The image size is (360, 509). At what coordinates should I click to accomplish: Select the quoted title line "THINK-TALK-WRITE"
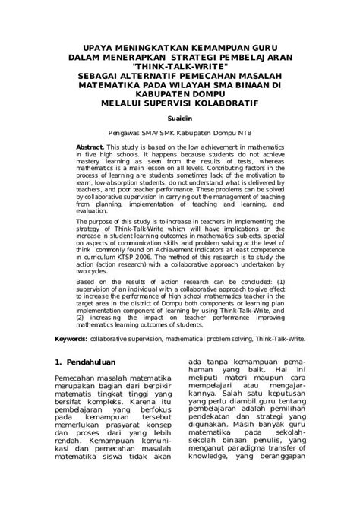click(179, 67)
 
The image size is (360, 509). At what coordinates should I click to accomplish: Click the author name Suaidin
click(179, 120)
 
